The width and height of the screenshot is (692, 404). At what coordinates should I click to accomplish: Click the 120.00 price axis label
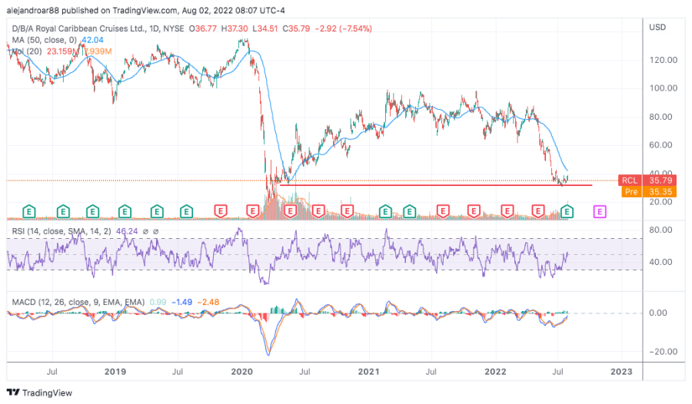(x=663, y=60)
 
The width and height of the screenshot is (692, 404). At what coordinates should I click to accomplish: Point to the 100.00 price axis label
(x=663, y=88)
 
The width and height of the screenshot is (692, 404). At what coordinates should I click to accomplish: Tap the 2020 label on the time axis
(x=241, y=372)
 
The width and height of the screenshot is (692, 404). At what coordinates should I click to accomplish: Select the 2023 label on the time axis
(x=620, y=372)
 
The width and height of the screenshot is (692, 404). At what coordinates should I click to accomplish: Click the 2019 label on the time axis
(x=115, y=372)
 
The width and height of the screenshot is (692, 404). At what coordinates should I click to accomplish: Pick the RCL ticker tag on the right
(x=630, y=180)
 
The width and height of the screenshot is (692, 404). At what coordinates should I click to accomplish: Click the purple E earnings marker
(x=601, y=210)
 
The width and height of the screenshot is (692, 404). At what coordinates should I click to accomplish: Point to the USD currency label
(x=657, y=28)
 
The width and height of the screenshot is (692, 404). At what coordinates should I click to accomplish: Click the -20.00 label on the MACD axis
(x=662, y=352)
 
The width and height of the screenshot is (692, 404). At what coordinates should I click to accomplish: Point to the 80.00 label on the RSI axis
(x=663, y=230)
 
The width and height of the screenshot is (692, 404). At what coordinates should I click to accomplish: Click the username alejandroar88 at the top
(x=38, y=12)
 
